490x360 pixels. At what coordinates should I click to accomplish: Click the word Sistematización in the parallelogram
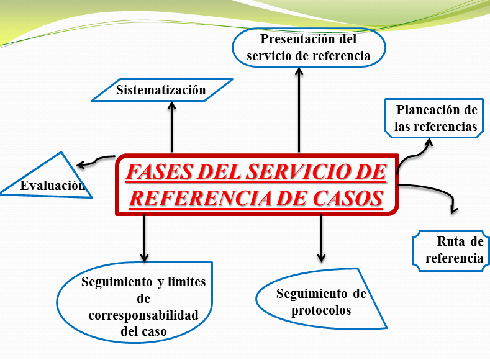[x=161, y=90]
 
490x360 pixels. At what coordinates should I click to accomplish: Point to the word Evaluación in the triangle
[x=52, y=185]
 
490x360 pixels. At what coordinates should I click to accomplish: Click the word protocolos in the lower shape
[x=321, y=310]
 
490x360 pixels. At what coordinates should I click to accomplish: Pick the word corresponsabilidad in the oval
[x=143, y=315]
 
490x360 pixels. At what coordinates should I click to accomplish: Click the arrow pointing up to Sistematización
[x=172, y=127]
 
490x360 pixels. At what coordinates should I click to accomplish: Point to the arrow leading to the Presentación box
[x=299, y=109]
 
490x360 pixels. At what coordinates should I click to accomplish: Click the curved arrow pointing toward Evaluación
[x=96, y=162]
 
